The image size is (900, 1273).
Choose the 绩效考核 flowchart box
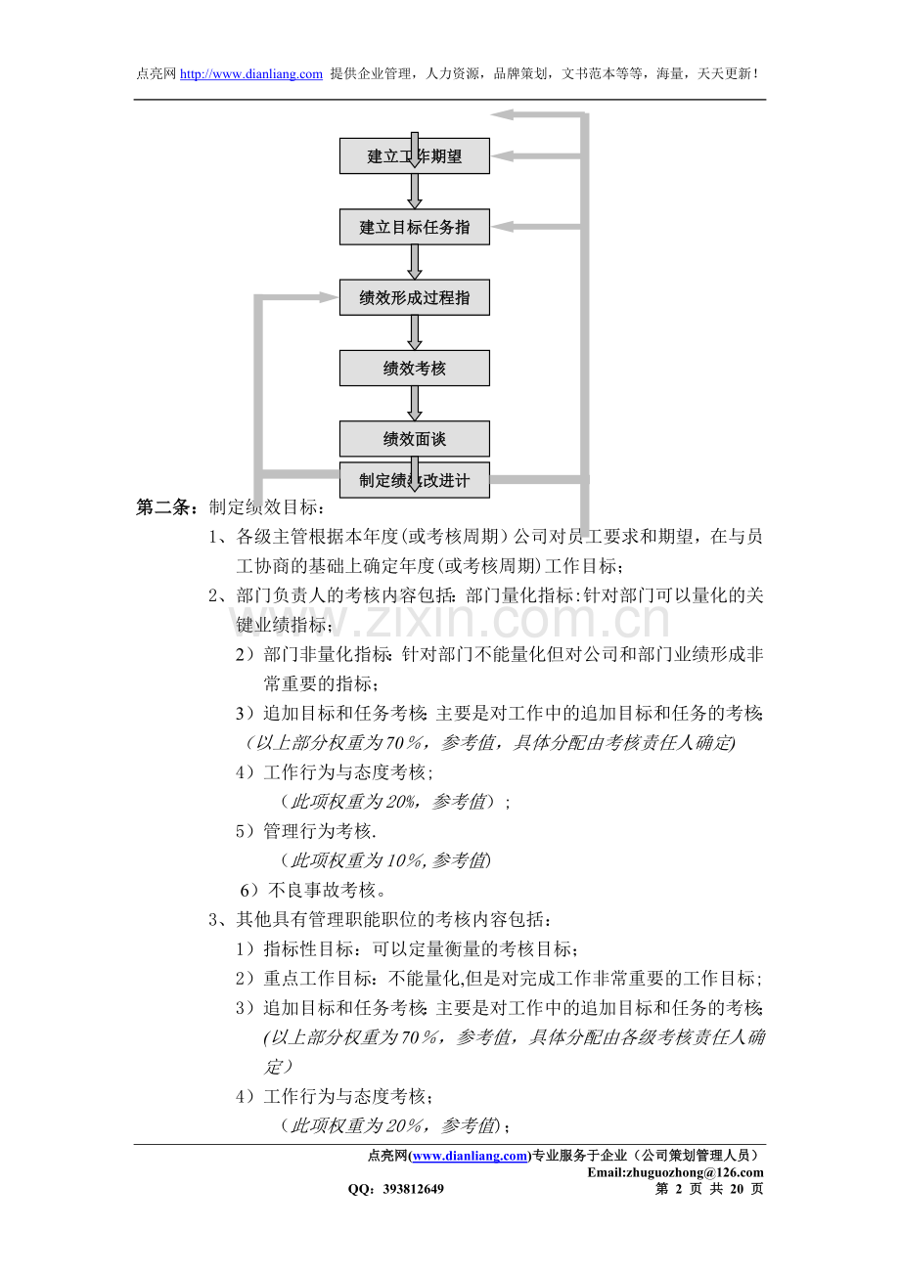coord(414,368)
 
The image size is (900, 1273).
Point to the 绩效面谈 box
coord(414,438)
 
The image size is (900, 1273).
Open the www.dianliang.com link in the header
coord(251,74)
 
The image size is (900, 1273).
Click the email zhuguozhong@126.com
coord(675,1172)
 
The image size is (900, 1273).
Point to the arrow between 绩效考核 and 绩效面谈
coord(414,403)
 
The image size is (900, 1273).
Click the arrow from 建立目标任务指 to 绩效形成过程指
coord(414,262)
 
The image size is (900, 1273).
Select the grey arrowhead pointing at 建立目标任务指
coord(505,227)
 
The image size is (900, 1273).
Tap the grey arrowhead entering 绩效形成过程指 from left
coord(327,297)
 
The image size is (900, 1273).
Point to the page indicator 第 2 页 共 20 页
coord(708,1189)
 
